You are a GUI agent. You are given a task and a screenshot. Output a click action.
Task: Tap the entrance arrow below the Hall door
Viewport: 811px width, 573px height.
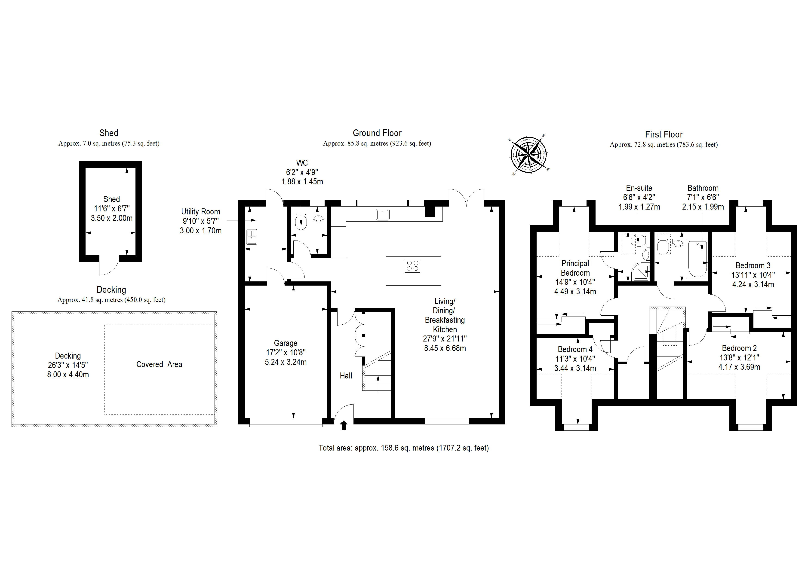coord(343,425)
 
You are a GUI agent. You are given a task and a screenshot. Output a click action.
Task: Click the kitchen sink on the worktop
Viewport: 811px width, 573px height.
coord(383,214)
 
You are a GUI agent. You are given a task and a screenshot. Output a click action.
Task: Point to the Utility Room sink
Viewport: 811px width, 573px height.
coord(252,237)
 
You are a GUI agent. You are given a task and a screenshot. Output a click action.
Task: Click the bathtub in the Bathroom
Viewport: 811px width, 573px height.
coord(697,259)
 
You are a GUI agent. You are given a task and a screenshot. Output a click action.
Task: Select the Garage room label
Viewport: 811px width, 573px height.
coord(286,343)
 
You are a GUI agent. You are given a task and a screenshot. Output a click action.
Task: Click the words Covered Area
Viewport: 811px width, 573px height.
coord(159,364)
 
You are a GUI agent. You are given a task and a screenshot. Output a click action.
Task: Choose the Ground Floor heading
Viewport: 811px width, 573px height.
coord(377,133)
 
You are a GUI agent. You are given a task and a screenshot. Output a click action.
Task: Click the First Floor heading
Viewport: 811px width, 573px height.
coord(664,134)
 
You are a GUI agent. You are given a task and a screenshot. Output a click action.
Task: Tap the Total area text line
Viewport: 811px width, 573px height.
coord(404,448)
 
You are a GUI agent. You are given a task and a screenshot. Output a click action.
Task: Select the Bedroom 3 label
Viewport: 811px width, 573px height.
coord(753,265)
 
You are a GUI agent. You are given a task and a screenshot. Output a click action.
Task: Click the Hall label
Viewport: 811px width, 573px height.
coord(346,376)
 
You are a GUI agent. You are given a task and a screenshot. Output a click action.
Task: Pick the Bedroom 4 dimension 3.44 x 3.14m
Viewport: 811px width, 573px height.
coord(575,368)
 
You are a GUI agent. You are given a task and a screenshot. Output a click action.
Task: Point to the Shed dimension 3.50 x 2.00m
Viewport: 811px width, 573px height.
coord(112,218)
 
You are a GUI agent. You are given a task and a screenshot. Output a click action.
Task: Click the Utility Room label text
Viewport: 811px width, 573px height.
coord(201,212)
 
